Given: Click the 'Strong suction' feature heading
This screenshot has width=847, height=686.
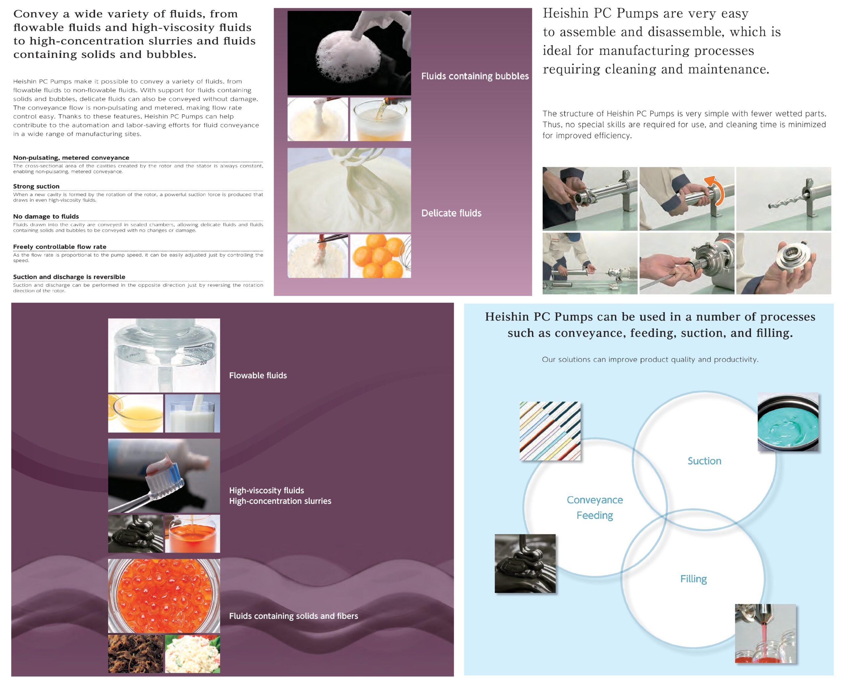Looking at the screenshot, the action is (36, 186).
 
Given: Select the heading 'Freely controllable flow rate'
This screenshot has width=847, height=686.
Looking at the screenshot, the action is (60, 247).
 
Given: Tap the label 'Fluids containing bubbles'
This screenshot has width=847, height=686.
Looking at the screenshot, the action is (475, 76).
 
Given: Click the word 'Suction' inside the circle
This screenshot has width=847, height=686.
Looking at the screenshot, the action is (704, 461).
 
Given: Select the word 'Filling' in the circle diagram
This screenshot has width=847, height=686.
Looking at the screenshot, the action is (693, 579).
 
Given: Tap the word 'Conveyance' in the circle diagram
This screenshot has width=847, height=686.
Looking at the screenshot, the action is (595, 500).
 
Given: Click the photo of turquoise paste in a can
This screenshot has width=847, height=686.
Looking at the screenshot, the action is (788, 422).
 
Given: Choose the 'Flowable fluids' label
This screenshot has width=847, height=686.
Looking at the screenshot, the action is (258, 375).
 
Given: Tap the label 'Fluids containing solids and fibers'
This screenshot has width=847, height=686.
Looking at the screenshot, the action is (293, 616).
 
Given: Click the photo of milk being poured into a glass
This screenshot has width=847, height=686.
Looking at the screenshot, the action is (192, 413).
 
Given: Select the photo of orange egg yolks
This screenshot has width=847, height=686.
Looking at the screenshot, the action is (380, 256).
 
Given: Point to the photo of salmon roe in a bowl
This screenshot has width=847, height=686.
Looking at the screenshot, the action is (164, 596).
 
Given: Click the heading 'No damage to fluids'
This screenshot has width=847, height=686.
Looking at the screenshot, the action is (46, 217).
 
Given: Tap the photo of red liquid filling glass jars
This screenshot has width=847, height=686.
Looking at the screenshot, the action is (765, 633).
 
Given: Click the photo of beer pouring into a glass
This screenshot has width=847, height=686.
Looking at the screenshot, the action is (380, 119).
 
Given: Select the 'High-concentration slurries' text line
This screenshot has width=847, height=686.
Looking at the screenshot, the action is (280, 501).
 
